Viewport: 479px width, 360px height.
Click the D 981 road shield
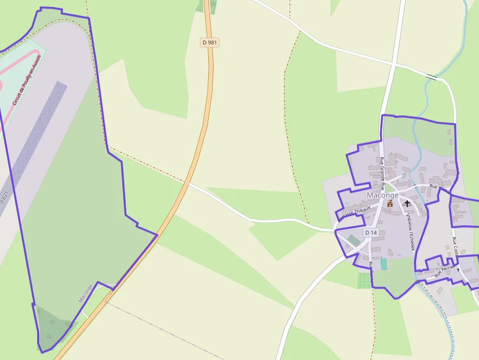tap(209, 42)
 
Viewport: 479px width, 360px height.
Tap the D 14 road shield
tap(371, 233)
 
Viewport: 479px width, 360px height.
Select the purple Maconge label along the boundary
tap(85, 293)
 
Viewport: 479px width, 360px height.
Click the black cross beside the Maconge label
tap(407, 203)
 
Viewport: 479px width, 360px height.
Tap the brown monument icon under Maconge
tap(390, 203)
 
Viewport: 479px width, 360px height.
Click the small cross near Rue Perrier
tap(458, 270)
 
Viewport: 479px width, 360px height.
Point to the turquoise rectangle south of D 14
tap(384, 264)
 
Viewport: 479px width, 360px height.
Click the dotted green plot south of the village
tap(364, 280)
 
